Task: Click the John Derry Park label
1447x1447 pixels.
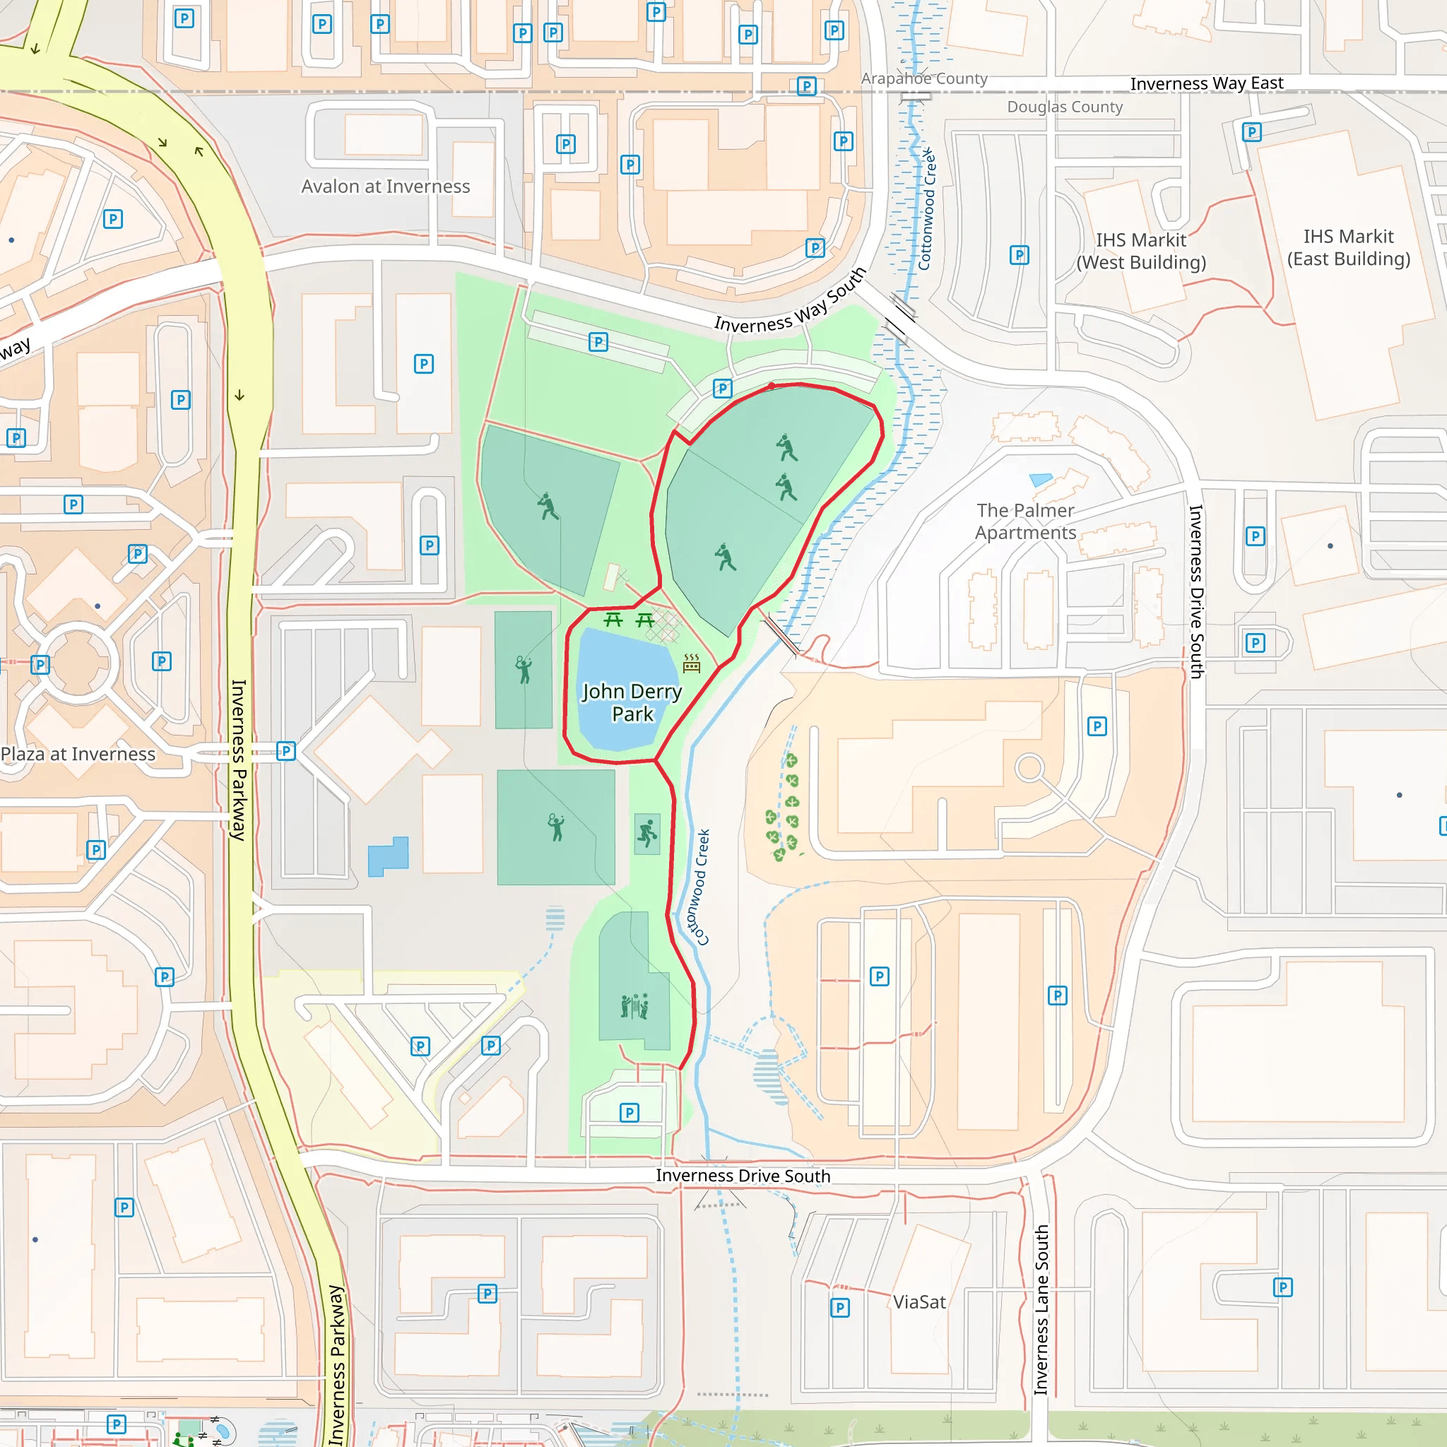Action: (x=632, y=702)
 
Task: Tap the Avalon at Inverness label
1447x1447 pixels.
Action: (x=385, y=187)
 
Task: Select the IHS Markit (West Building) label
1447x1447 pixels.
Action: (x=1140, y=251)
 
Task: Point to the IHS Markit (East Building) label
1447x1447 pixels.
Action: (x=1348, y=247)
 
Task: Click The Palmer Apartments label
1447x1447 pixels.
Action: (x=1024, y=521)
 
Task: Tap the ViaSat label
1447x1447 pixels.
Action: (x=919, y=1301)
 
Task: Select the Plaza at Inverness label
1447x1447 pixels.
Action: (x=78, y=753)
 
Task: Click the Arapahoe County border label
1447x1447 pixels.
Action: (x=923, y=78)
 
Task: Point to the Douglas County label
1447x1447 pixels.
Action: (x=1064, y=107)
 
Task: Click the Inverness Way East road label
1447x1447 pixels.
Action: (x=1206, y=83)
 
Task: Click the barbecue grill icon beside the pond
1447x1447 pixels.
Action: (x=691, y=663)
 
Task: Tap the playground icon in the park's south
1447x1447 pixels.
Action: (x=634, y=1006)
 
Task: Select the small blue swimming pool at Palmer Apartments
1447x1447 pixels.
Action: (x=1041, y=479)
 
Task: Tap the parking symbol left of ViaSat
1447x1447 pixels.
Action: (x=839, y=1308)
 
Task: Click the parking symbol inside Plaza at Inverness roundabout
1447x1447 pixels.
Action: (x=40, y=664)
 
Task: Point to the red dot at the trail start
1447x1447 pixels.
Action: (x=772, y=386)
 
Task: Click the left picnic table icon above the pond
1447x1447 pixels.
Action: (x=613, y=620)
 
